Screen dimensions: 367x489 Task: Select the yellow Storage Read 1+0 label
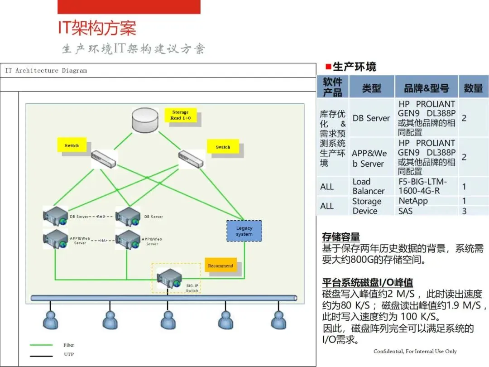click(180, 115)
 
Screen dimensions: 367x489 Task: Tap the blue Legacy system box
click(244, 231)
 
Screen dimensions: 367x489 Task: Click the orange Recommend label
click(221, 266)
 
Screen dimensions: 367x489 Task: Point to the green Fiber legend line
click(41, 345)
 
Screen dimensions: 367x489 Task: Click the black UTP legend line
click(41, 355)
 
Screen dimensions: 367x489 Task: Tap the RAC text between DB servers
click(101, 217)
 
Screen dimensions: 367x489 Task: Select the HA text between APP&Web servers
click(103, 241)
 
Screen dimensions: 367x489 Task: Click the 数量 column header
click(473, 88)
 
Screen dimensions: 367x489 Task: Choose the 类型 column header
click(371, 88)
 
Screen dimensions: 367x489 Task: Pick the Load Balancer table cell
click(369, 186)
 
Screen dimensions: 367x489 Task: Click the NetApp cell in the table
click(413, 201)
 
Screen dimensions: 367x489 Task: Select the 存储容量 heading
click(340, 237)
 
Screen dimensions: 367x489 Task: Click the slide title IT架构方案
click(96, 28)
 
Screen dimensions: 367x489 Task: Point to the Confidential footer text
click(415, 351)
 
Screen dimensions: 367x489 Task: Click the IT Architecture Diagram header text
click(46, 71)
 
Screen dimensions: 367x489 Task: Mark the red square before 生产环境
click(328, 67)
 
